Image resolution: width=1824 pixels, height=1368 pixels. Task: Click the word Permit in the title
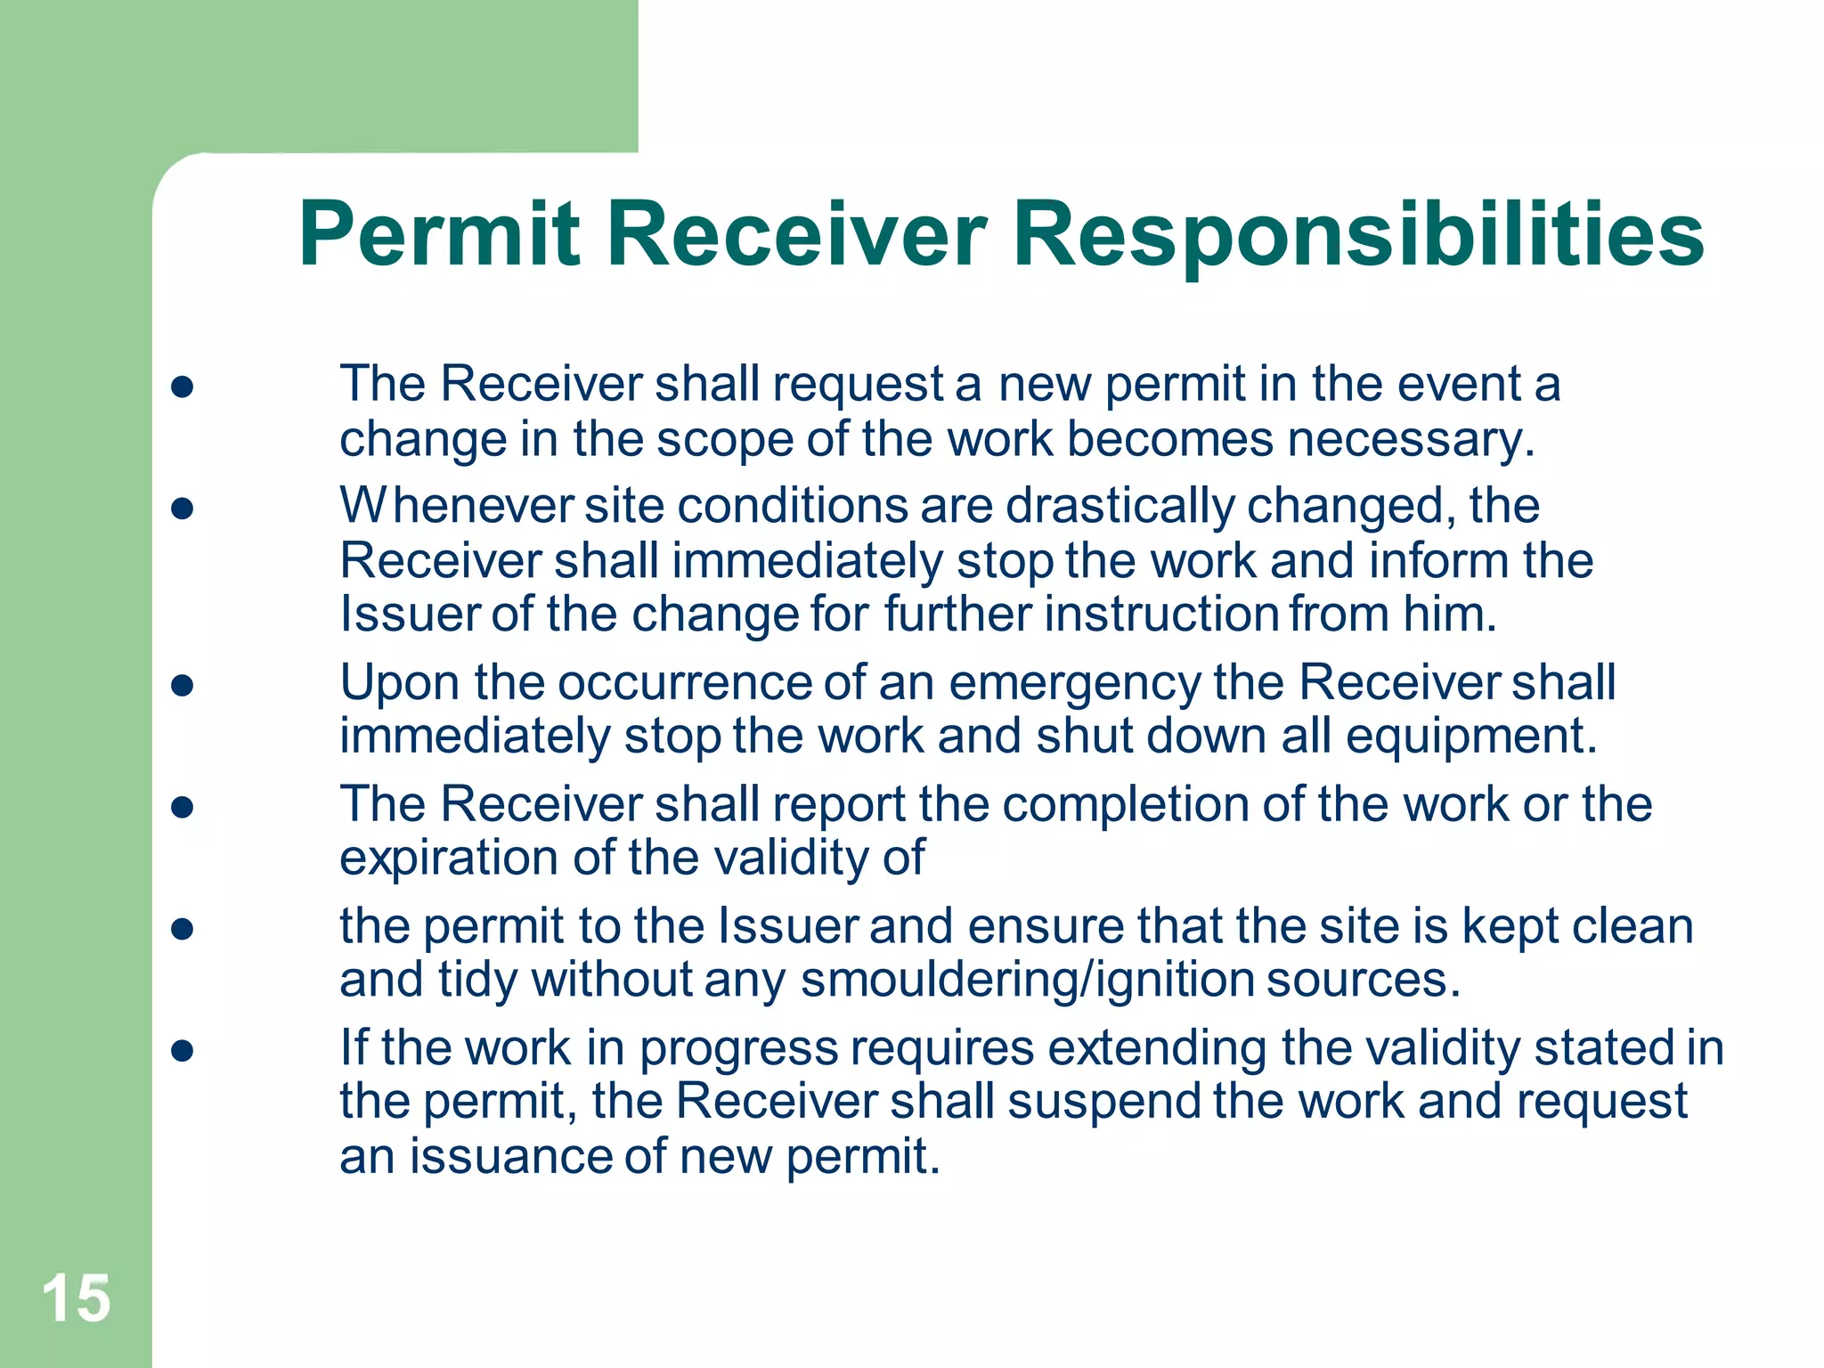438,235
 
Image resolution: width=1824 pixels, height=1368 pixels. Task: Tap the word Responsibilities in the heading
1358,235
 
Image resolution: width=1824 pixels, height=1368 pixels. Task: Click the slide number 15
77,1299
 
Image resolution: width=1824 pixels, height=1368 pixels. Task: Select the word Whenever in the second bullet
456,506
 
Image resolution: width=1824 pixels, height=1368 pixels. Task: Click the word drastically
1120,506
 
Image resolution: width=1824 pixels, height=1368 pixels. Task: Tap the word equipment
1471,737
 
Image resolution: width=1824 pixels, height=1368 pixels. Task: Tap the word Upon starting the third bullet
399,682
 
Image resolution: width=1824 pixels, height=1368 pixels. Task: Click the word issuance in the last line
510,1157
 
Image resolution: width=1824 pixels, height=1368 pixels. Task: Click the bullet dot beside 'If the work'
183,1051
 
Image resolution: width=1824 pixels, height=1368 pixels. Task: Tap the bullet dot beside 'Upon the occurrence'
183,685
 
